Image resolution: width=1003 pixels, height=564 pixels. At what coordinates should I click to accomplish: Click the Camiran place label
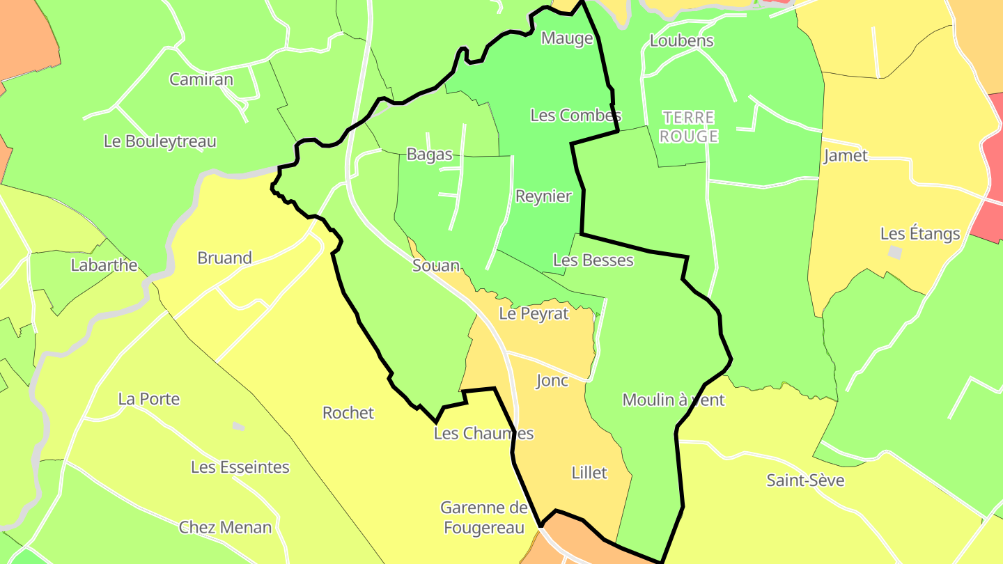tap(201, 79)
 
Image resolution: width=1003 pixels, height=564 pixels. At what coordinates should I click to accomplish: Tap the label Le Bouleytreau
tap(160, 141)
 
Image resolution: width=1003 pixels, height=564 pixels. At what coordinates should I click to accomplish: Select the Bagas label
tap(430, 155)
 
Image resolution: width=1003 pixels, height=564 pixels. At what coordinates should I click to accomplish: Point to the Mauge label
tap(567, 38)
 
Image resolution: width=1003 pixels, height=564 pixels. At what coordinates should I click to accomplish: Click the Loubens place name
tap(681, 40)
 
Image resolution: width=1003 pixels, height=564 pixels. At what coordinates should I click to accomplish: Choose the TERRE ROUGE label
tap(688, 127)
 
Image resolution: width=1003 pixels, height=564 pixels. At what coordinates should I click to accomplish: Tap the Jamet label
tap(846, 155)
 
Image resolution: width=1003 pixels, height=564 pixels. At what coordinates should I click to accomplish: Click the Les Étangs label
tap(920, 234)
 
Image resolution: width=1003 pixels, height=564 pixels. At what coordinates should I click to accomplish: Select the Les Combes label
tap(575, 116)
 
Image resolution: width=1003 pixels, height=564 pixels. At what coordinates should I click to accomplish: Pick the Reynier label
tap(543, 196)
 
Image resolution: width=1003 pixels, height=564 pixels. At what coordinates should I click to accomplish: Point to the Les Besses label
tap(593, 260)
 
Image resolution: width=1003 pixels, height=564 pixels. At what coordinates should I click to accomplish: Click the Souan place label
tap(436, 265)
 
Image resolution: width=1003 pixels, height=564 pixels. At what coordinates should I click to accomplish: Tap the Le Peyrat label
tap(534, 314)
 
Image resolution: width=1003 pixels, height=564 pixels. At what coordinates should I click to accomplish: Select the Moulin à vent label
tap(673, 400)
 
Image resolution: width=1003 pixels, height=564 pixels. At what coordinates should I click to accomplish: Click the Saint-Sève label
tap(805, 480)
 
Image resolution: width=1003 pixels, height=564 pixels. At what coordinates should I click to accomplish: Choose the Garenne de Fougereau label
tap(484, 518)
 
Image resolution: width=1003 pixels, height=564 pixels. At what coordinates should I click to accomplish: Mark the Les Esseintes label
tap(240, 467)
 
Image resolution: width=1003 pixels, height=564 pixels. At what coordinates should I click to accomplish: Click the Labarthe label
tap(104, 265)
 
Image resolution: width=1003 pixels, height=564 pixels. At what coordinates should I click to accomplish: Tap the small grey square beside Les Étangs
tap(895, 252)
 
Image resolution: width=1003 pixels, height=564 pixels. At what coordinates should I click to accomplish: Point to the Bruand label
tap(224, 258)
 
